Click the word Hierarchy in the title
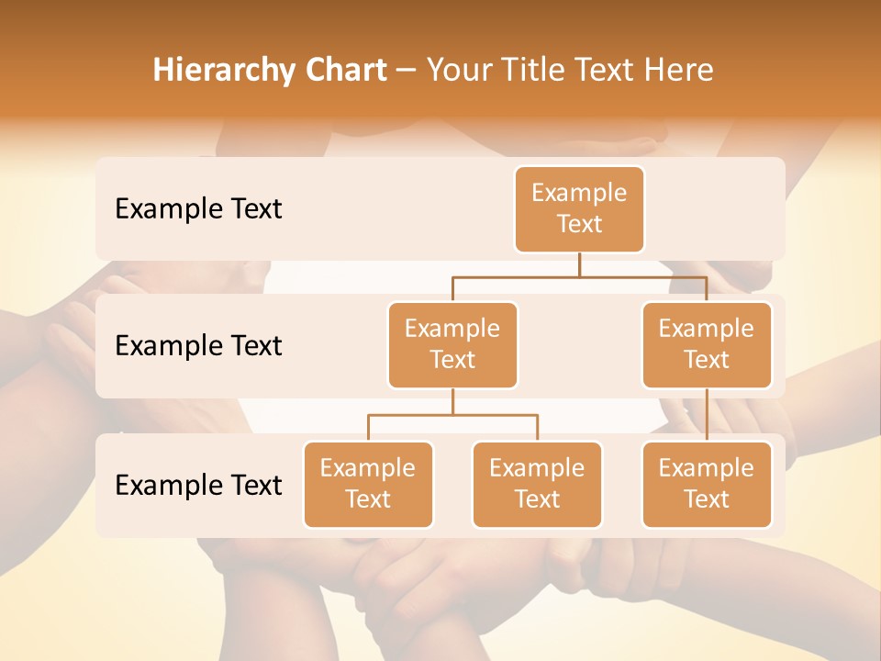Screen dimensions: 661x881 [x=212, y=71]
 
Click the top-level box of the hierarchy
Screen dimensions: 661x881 [x=579, y=208]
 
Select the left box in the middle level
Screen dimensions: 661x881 [x=452, y=344]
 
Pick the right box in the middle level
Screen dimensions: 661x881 [x=707, y=344]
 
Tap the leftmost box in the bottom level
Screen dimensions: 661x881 [x=368, y=484]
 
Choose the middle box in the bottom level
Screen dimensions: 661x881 [x=537, y=484]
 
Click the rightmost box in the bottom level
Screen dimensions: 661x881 [x=707, y=484]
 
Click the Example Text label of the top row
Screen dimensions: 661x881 [x=198, y=208]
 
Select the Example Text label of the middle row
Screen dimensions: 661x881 [x=198, y=345]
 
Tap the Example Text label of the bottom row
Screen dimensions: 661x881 [x=198, y=485]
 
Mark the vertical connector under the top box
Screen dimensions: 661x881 [x=579, y=264]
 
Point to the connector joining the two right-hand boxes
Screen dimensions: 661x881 [x=707, y=415]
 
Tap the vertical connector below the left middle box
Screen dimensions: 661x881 [x=452, y=401]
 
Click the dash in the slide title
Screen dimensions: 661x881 [x=407, y=71]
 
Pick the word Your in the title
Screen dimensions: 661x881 [x=455, y=71]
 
